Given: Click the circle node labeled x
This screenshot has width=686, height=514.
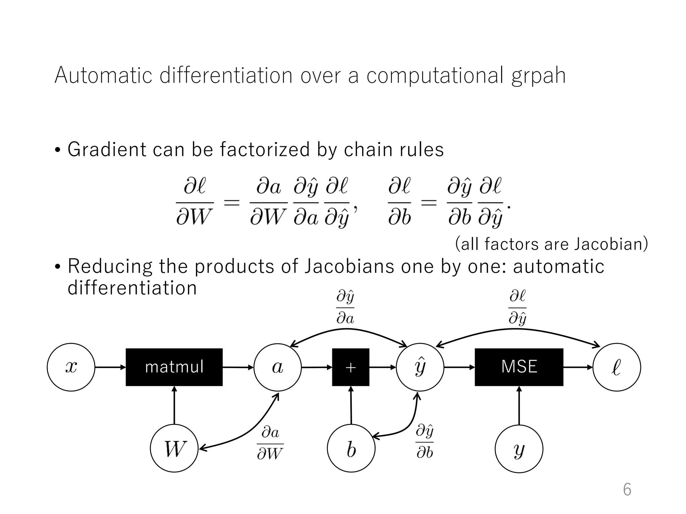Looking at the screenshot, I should pos(71,367).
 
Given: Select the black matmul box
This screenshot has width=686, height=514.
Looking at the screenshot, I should pos(174,367).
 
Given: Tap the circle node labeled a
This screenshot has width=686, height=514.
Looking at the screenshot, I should pos(278,367).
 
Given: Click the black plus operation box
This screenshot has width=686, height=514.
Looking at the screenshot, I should pos(351,367).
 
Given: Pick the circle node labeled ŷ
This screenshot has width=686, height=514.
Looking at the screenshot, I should pos(420,367).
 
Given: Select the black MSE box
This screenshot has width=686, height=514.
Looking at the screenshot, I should pos(519,367).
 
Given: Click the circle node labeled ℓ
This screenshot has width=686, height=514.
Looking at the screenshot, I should pos(617,367).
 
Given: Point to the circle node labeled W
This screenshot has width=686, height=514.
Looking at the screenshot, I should pos(174,448).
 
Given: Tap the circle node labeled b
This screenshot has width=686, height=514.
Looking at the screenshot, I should pos(351,448).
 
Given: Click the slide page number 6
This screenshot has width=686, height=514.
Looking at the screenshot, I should pos(627,490).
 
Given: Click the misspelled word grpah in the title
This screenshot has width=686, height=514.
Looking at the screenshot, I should pos(538,76).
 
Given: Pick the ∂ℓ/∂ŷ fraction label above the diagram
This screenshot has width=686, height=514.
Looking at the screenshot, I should pos(518,308).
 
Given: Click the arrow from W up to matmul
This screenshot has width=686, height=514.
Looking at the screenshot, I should pos(174,405).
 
